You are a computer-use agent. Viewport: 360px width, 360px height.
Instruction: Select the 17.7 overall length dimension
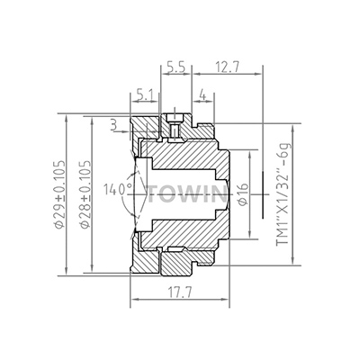pos(176,292)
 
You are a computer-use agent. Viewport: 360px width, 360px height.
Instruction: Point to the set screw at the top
pos(175,129)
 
